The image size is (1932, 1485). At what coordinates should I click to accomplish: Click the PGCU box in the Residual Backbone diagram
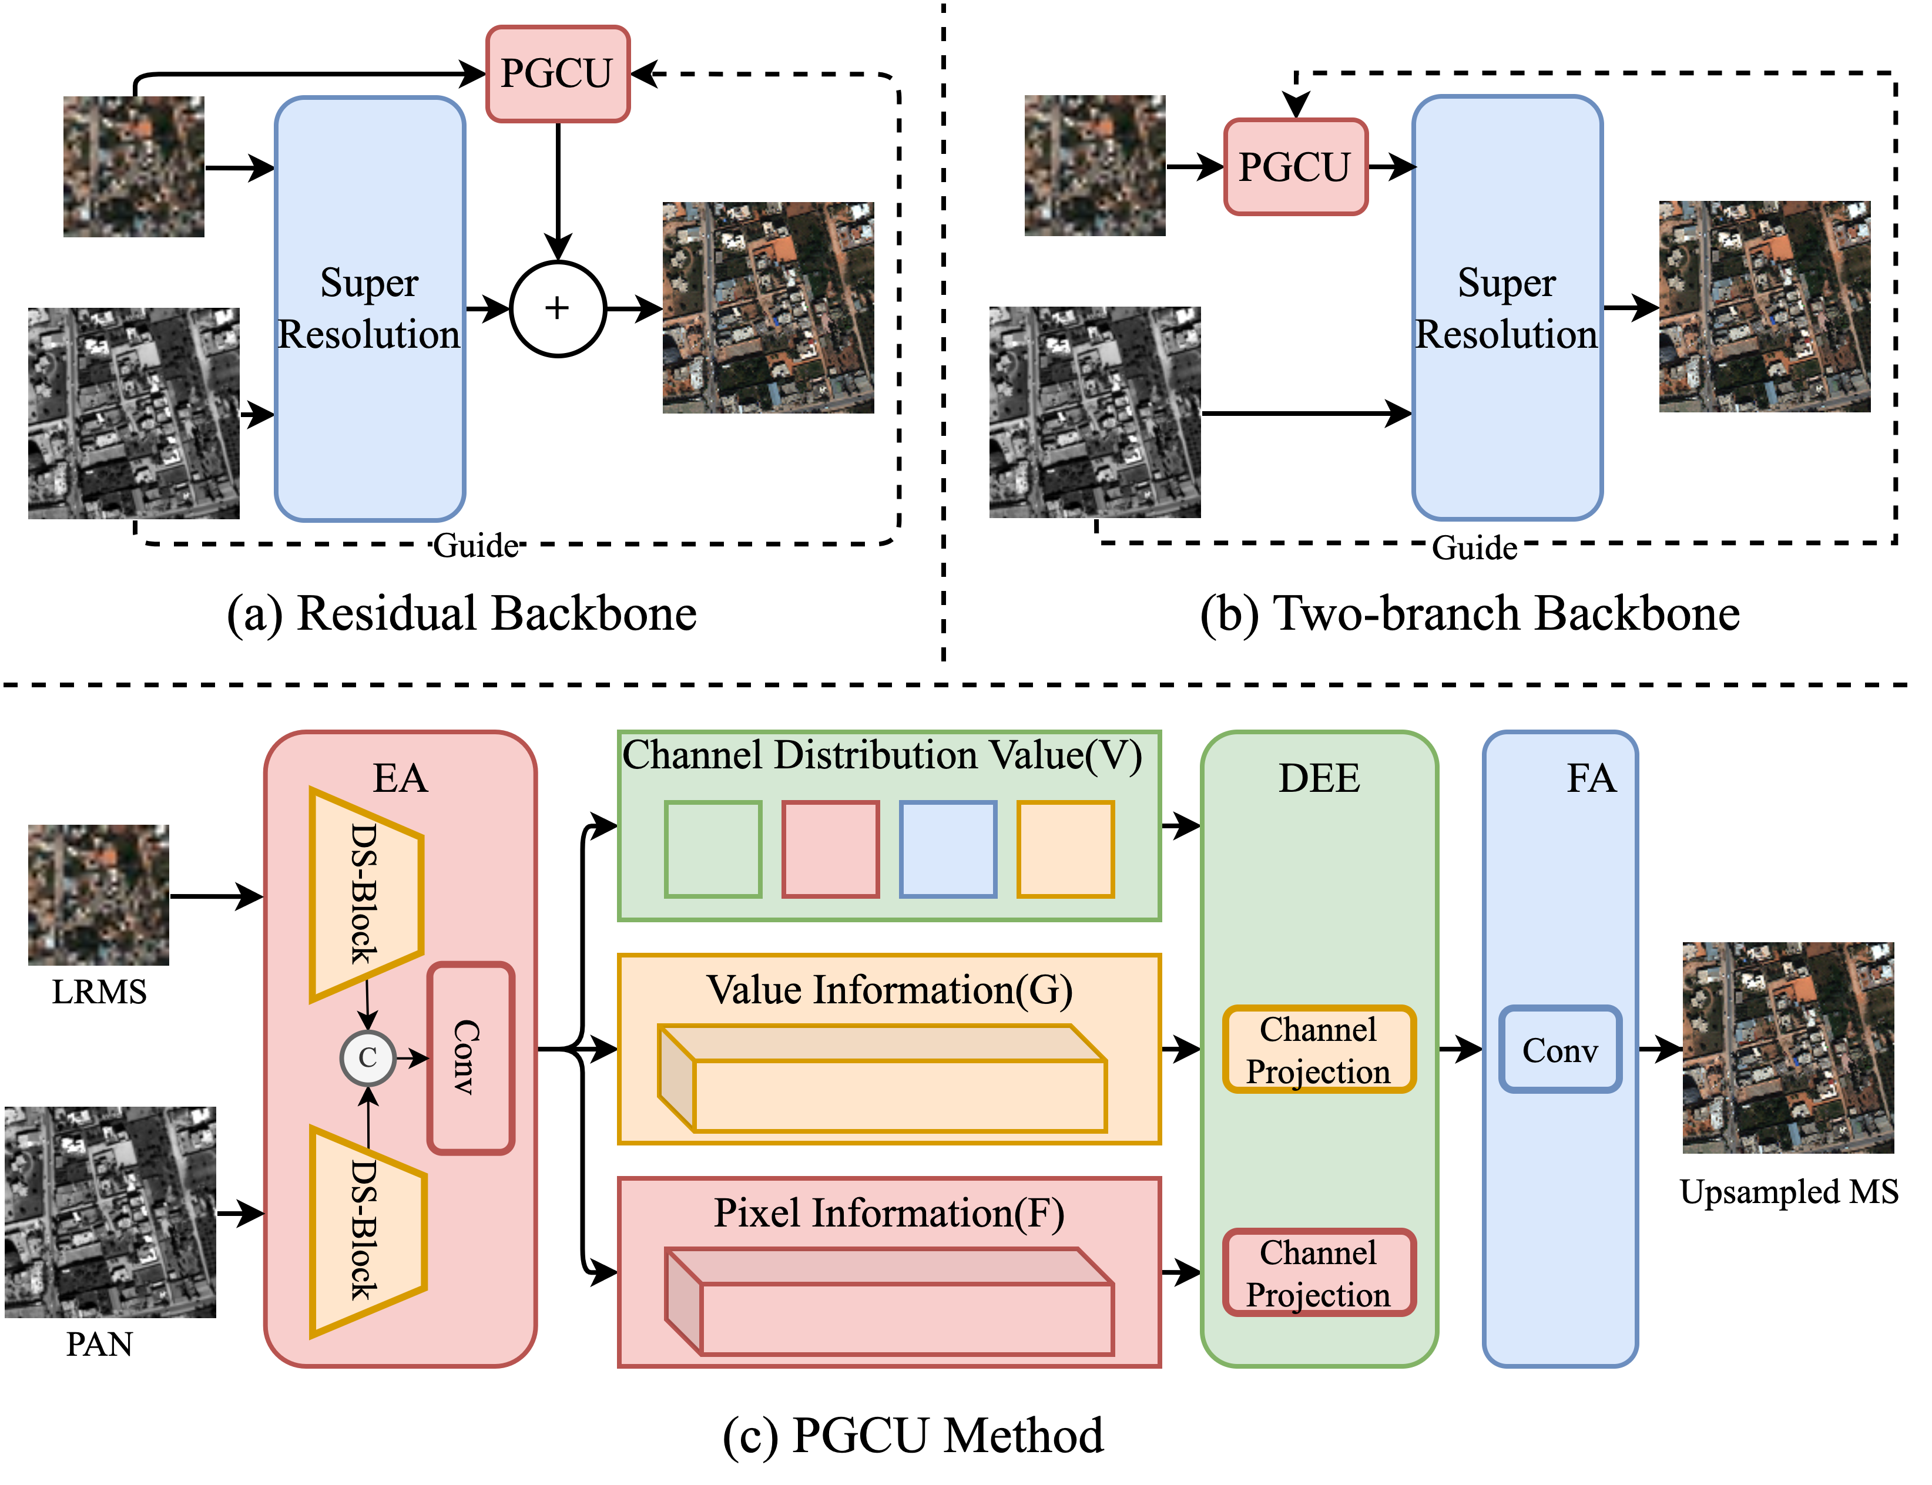pyautogui.click(x=557, y=73)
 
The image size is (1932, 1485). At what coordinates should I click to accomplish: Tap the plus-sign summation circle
pyautogui.click(x=557, y=308)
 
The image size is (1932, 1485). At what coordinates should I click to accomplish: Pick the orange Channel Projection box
pyautogui.click(x=1319, y=1049)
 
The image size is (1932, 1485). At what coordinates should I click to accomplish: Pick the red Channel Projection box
pyautogui.click(x=1319, y=1273)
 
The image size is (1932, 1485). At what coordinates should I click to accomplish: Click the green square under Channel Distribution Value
pyautogui.click(x=713, y=849)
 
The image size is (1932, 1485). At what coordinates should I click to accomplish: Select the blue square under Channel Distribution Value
pyautogui.click(x=948, y=849)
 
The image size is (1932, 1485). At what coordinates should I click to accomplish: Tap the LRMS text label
pyautogui.click(x=99, y=992)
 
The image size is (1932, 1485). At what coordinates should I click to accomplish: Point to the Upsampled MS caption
pyautogui.click(x=1789, y=1191)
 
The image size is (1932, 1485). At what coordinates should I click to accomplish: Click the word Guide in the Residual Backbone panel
pyautogui.click(x=476, y=545)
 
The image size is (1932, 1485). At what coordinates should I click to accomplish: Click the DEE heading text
pyautogui.click(x=1319, y=778)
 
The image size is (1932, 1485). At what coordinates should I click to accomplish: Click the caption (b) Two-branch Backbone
pyautogui.click(x=1470, y=613)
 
